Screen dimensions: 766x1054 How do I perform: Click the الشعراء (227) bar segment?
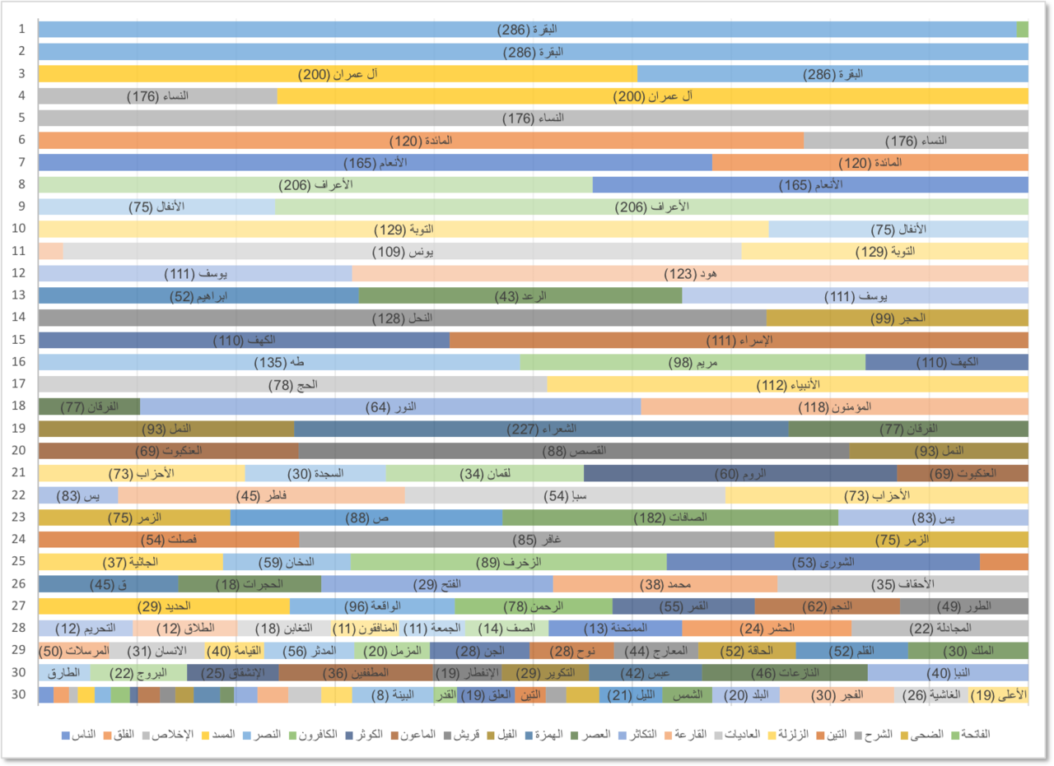click(x=541, y=429)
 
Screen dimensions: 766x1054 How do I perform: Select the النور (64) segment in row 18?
click(x=390, y=406)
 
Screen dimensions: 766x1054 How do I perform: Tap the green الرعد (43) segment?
click(x=520, y=296)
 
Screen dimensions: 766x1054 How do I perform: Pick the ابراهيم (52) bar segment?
click(x=198, y=296)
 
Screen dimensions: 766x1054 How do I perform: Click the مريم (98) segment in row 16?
click(x=692, y=362)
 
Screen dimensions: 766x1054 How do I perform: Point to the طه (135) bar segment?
click(x=278, y=362)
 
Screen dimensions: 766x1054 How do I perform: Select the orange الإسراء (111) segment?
click(x=739, y=340)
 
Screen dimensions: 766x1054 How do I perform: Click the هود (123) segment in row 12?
click(x=690, y=273)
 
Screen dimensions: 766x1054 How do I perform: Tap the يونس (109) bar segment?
click(x=402, y=251)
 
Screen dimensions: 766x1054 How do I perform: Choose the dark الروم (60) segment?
click(x=739, y=473)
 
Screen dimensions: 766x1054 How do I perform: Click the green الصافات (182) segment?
click(x=669, y=518)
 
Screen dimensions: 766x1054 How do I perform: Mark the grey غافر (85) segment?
click(x=536, y=540)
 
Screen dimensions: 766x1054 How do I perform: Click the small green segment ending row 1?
click(x=1023, y=30)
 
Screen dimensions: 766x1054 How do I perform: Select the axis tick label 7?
click(x=22, y=162)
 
